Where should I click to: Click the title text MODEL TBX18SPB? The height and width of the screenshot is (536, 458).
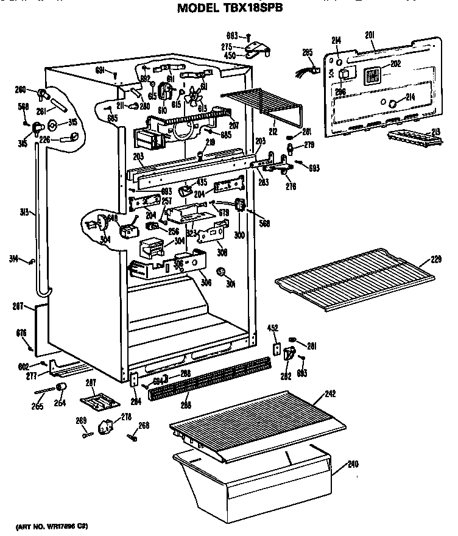tap(230, 9)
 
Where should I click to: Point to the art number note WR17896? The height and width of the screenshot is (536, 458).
tap(52, 525)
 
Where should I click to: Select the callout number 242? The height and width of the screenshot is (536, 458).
tap(330, 394)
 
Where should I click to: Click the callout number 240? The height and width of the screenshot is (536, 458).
tap(353, 464)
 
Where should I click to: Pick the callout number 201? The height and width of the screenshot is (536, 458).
tap(370, 35)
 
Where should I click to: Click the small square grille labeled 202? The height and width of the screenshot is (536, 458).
tap(372, 76)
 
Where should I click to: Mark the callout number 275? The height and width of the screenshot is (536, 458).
tap(226, 46)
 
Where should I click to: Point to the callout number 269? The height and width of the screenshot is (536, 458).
tap(80, 421)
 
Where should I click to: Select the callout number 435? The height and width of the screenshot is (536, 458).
tap(202, 182)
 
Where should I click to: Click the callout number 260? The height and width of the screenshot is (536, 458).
tap(21, 91)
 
